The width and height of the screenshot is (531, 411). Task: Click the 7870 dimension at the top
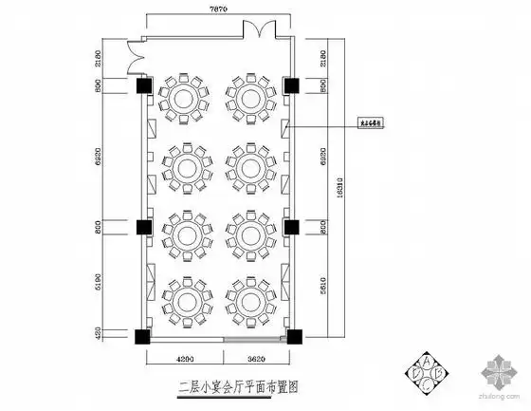219,9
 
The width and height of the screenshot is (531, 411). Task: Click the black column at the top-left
143,86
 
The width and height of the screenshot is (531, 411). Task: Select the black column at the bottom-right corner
294,335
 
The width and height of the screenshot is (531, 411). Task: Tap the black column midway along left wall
143,228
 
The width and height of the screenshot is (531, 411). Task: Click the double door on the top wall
256,31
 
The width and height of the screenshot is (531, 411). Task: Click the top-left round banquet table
182,97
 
